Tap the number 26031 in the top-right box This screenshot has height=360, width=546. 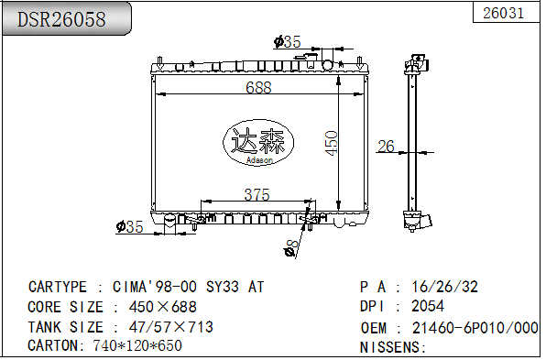503,13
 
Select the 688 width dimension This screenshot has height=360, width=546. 259,88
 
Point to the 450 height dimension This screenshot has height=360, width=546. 332,142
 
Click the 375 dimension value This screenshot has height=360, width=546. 257,194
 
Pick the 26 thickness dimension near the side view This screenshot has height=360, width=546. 386,146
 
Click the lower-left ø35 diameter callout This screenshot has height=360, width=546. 129,226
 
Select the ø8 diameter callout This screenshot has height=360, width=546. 290,247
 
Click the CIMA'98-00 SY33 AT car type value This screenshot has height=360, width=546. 188,287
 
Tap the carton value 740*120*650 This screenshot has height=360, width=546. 137,346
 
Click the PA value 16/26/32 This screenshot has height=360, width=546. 445,287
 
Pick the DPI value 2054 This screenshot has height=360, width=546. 428,307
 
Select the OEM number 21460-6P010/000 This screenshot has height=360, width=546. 475,327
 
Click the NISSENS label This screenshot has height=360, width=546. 392,347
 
